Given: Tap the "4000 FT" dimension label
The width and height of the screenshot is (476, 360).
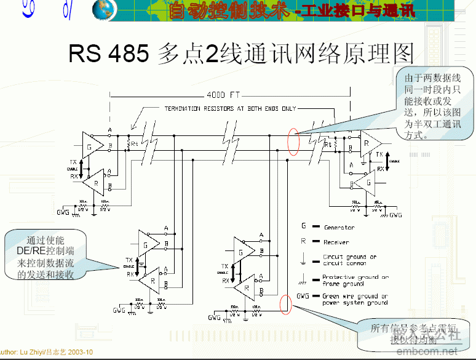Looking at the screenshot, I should point(224,95).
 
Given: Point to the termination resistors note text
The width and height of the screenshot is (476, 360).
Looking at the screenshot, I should point(230,108).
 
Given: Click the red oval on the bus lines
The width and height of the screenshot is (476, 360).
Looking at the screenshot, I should point(293,142).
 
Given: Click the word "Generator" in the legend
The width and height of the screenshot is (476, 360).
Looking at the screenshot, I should point(339,228).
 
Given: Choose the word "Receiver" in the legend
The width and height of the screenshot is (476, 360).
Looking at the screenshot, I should point(336,242).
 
